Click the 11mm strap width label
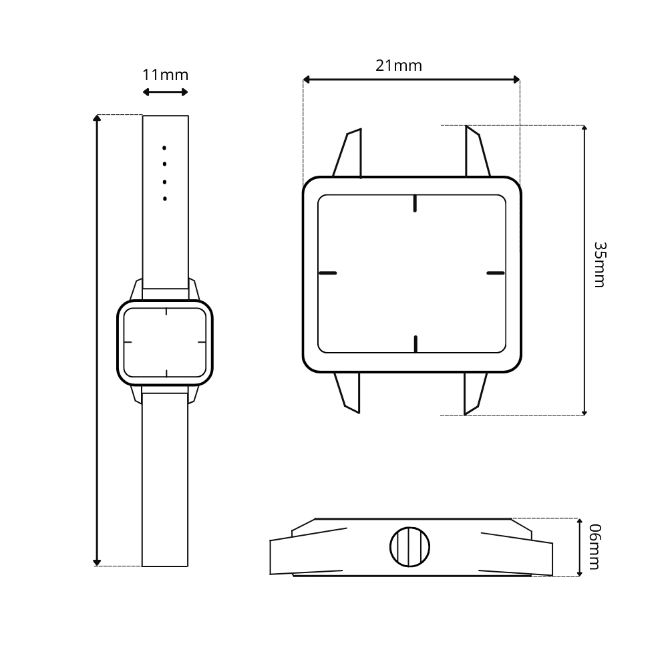(x=165, y=75)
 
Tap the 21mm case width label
(x=399, y=65)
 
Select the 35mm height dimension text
(x=599, y=265)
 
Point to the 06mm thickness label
(x=595, y=546)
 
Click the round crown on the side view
(x=410, y=547)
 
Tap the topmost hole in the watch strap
(x=164, y=148)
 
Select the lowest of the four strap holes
(x=165, y=198)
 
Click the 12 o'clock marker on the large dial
(x=415, y=203)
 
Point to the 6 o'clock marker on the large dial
(x=415, y=344)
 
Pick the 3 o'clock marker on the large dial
(x=496, y=273)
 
